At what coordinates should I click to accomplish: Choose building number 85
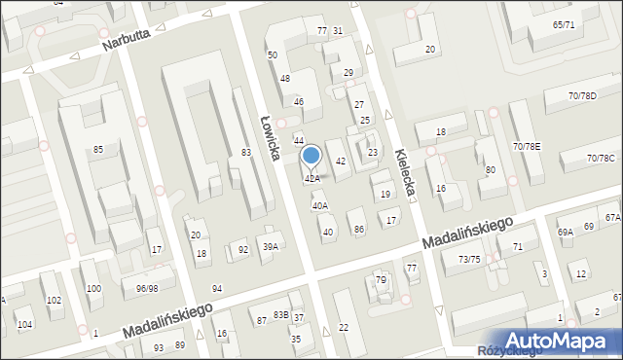click(x=98, y=149)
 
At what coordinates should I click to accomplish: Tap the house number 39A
click(x=270, y=246)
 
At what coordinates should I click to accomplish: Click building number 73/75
click(x=470, y=259)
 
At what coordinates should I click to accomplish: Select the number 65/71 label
click(x=563, y=24)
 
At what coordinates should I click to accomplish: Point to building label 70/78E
click(x=527, y=146)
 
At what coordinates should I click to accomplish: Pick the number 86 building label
click(x=359, y=229)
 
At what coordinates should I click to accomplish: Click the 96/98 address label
click(x=147, y=288)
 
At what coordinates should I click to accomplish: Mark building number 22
click(x=343, y=327)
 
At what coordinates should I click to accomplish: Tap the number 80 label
click(x=490, y=170)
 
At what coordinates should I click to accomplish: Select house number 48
click(x=285, y=78)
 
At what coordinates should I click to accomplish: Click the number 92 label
click(x=243, y=250)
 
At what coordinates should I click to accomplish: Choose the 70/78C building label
click(x=601, y=159)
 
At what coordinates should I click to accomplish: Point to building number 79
click(x=381, y=280)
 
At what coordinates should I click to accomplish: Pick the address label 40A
click(x=319, y=205)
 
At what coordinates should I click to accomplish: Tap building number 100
click(x=93, y=289)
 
